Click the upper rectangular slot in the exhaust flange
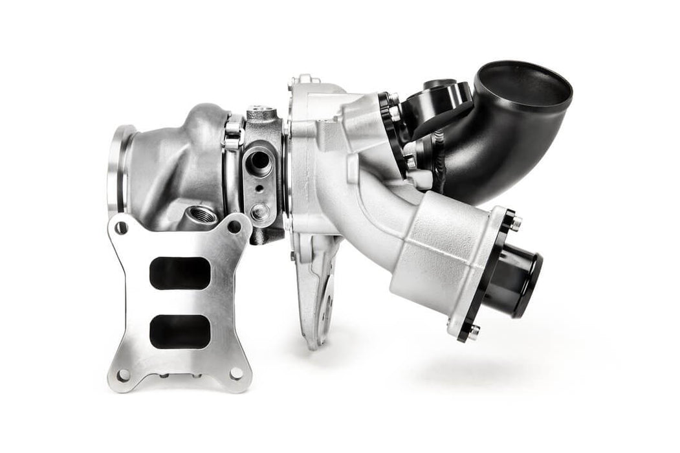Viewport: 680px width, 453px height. pyautogui.click(x=180, y=273)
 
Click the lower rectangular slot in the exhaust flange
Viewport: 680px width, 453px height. pyautogui.click(x=180, y=331)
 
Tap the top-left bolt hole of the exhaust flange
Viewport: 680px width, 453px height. pyautogui.click(x=120, y=227)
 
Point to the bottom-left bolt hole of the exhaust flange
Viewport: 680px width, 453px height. pyautogui.click(x=123, y=375)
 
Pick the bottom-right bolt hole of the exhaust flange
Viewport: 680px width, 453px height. pyautogui.click(x=236, y=373)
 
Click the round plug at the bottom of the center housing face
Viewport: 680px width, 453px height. pyautogui.click(x=261, y=211)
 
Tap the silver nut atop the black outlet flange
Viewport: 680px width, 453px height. pyautogui.click(x=516, y=223)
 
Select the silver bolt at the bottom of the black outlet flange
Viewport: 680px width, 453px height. pyautogui.click(x=474, y=331)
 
